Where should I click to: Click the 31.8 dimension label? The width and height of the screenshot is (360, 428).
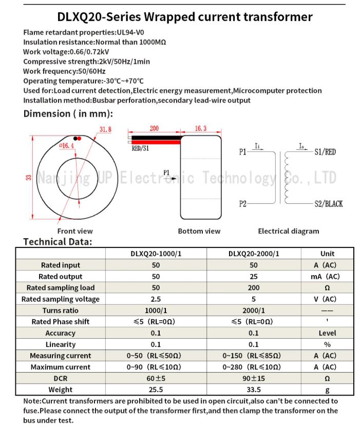click(105, 130)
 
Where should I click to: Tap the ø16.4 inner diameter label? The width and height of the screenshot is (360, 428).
click(67, 146)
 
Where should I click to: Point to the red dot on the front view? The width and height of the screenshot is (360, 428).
click(80, 138)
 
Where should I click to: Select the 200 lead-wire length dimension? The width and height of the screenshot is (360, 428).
click(154, 129)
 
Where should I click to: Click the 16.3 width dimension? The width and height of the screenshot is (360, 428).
click(201, 129)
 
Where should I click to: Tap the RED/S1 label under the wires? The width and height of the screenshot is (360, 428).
click(140, 148)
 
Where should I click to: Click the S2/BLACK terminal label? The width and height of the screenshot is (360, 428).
click(328, 204)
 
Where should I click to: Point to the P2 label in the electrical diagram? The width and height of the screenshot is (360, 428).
click(243, 204)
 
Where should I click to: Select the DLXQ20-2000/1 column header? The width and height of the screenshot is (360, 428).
click(254, 254)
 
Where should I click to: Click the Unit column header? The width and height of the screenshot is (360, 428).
click(327, 254)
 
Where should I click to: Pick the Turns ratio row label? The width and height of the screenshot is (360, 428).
click(61, 310)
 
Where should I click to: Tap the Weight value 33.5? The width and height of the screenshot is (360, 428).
click(254, 390)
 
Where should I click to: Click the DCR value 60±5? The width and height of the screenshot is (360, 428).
click(156, 378)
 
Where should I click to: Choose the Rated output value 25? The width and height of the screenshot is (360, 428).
click(254, 277)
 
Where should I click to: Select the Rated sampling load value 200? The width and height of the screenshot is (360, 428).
click(254, 288)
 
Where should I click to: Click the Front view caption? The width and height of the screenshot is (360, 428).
click(75, 231)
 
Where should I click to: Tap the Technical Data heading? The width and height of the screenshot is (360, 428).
click(58, 242)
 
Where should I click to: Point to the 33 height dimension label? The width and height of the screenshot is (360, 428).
click(29, 178)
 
